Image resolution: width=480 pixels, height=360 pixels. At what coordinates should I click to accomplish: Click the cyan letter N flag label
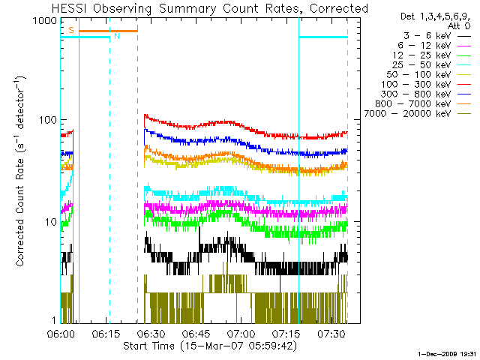point(116,36)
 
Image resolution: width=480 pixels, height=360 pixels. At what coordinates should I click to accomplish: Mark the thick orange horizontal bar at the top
point(108,31)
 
